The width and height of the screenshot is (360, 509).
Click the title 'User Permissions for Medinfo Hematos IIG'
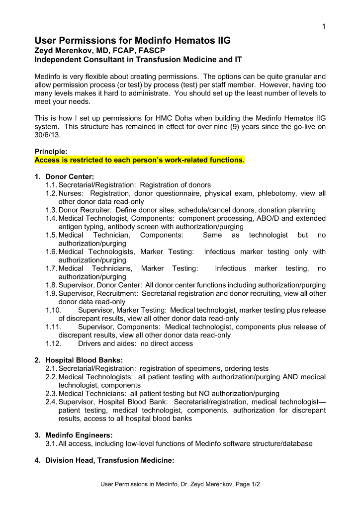(x=132, y=41)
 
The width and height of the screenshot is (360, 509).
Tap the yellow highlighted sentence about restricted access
(x=140, y=161)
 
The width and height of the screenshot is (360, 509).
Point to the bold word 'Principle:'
(x=51, y=152)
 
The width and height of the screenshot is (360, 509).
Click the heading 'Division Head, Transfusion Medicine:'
(x=109, y=460)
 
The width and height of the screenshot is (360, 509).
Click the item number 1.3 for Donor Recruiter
(x=51, y=210)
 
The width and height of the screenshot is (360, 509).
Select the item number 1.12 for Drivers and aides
(x=53, y=343)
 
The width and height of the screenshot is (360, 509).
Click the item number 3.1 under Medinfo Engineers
(x=51, y=443)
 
